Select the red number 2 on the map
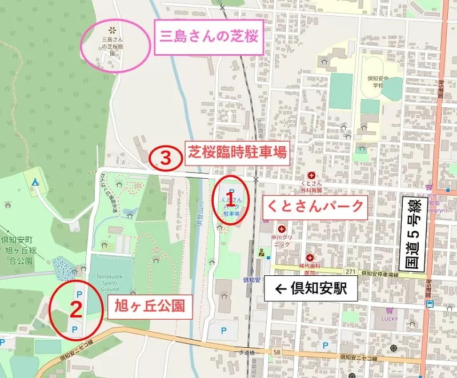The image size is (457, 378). pyautogui.click(x=74, y=309)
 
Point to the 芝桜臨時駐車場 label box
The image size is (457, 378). pyautogui.click(x=236, y=153)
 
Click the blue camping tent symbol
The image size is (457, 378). pyautogui.click(x=35, y=182)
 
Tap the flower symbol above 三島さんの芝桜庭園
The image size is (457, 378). pyautogui.click(x=112, y=27)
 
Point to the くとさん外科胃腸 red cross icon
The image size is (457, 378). pyautogui.click(x=311, y=175)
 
